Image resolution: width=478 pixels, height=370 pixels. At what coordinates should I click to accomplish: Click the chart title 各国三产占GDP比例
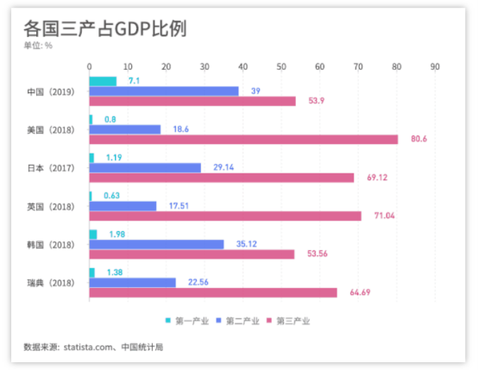pyautogui.click(x=105, y=28)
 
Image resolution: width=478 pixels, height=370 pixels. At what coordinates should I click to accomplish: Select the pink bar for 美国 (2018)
pyautogui.click(x=243, y=139)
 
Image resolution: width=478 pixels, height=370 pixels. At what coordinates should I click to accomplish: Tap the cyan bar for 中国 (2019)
pyautogui.click(x=103, y=81)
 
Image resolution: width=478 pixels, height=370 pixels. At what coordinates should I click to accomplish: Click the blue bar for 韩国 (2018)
pyautogui.click(x=156, y=244)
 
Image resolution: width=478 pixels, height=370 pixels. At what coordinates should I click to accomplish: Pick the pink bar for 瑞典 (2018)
pyautogui.click(x=213, y=292)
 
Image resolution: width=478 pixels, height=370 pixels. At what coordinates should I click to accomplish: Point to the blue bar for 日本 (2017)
pyautogui.click(x=145, y=167)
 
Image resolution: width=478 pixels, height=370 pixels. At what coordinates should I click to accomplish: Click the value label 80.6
pyautogui.click(x=418, y=139)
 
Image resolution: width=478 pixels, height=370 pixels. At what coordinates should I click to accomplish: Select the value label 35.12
pyautogui.click(x=247, y=244)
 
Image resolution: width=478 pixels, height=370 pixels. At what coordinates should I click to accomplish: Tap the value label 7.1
pyautogui.click(x=134, y=81)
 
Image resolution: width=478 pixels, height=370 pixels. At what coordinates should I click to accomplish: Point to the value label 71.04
pyautogui.click(x=385, y=216)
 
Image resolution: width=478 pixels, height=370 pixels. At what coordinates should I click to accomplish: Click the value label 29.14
pyautogui.click(x=223, y=167)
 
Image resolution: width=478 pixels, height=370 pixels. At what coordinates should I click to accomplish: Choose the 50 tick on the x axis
pyautogui.click(x=281, y=66)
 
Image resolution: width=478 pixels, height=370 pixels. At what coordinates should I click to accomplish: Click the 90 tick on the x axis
pyautogui.click(x=435, y=66)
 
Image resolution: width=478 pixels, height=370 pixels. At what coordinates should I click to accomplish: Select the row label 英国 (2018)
pyautogui.click(x=51, y=207)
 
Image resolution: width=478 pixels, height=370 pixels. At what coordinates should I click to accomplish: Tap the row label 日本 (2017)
pyautogui.click(x=51, y=168)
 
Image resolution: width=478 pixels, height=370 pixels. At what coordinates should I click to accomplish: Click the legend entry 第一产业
pyautogui.click(x=187, y=321)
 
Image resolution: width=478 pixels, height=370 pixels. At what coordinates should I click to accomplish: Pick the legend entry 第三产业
pyautogui.click(x=288, y=321)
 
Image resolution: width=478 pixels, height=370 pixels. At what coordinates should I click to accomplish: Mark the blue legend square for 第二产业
pyautogui.click(x=218, y=321)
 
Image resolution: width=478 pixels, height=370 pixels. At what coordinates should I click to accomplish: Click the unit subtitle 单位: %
pyautogui.click(x=38, y=46)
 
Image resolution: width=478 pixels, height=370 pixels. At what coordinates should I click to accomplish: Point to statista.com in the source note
pyautogui.click(x=88, y=347)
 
